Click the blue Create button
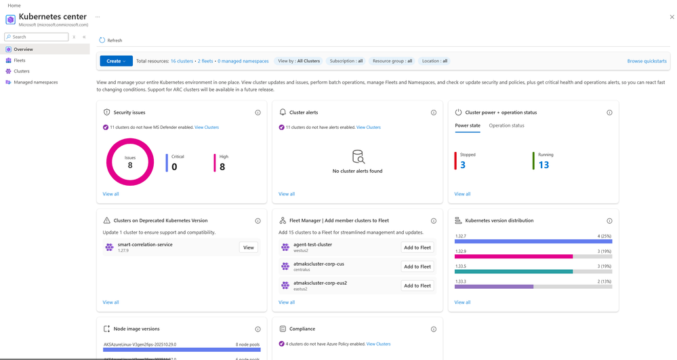116,61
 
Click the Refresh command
111,41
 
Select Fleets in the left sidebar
20,60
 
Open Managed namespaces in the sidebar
35,82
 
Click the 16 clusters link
182,61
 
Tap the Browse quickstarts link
647,61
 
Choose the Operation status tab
506,125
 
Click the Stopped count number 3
463,165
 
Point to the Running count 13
543,165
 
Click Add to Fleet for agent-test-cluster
417,247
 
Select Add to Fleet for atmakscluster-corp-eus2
417,285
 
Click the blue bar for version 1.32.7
533,241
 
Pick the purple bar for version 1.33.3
493,287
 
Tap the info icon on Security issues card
258,113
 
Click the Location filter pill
434,61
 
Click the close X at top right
672,17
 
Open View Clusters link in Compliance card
378,344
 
